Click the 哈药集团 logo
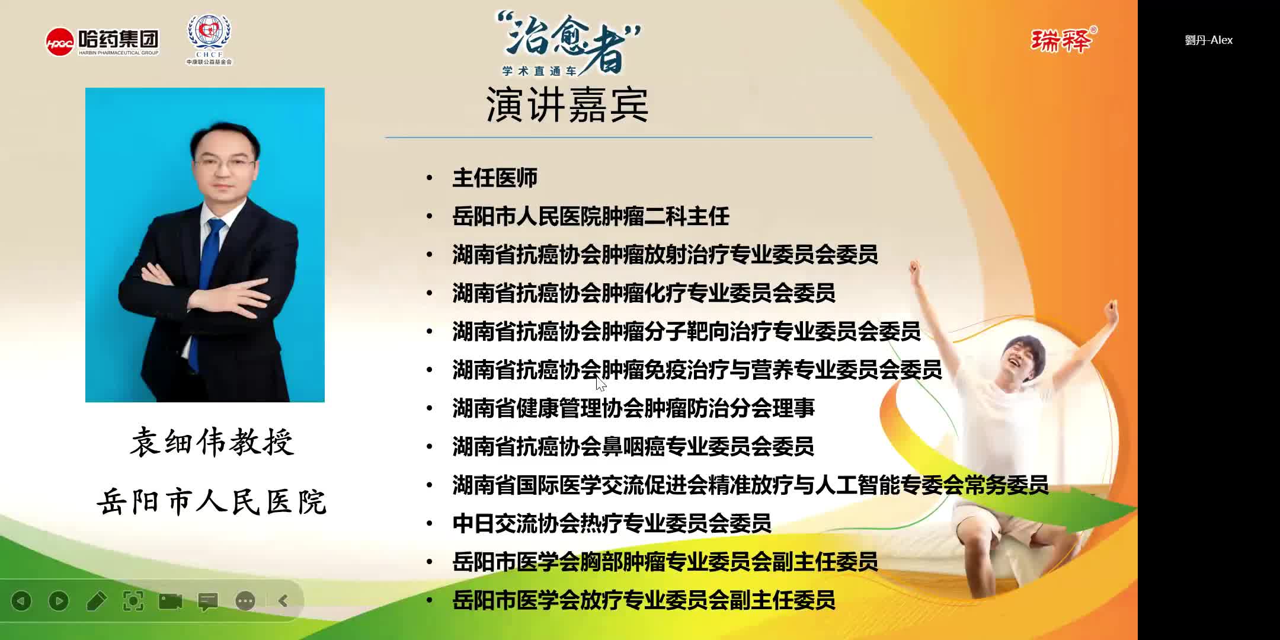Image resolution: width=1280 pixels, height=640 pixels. click(102, 41)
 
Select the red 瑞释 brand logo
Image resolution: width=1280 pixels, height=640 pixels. click(1062, 40)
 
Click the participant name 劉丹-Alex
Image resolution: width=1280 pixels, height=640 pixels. click(1208, 40)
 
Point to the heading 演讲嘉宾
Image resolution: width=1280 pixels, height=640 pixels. click(567, 105)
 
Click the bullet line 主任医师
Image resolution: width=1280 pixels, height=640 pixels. click(495, 178)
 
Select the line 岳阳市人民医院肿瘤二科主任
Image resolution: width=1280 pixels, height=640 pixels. click(590, 216)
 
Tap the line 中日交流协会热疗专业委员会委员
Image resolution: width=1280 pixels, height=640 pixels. click(612, 523)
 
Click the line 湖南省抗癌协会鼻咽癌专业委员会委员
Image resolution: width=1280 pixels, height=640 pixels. click(633, 446)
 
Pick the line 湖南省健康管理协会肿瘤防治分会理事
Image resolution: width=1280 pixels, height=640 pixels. click(633, 408)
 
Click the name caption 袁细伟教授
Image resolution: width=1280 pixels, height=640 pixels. click(212, 442)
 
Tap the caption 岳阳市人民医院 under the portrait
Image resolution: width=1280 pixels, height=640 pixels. click(212, 502)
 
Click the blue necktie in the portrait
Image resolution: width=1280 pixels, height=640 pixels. click(206, 279)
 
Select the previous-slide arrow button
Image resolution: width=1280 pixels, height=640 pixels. click(22, 601)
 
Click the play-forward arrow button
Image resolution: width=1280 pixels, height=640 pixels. click(59, 601)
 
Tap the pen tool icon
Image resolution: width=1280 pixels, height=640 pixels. click(96, 601)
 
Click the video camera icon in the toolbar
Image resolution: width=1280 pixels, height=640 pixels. click(171, 601)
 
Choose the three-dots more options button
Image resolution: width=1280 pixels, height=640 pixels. click(245, 601)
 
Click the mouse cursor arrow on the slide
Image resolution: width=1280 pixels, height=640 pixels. click(600, 383)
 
